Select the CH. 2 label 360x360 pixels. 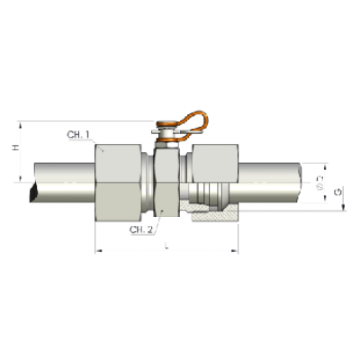pos(141,230)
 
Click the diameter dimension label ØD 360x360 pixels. pos(321,184)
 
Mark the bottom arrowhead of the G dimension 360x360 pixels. pos(344,211)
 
